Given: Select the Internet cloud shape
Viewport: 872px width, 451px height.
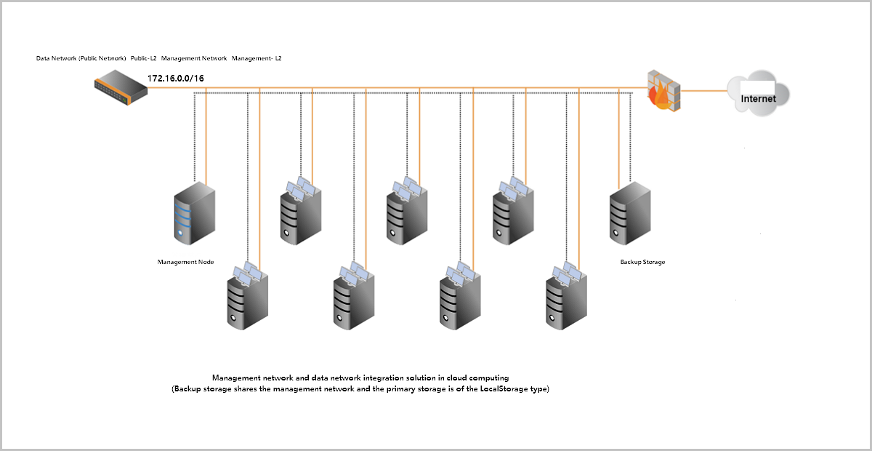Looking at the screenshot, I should [x=757, y=92].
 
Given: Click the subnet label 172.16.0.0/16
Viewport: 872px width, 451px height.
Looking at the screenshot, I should [x=175, y=78].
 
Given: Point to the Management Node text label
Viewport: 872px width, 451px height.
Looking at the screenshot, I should [x=186, y=262].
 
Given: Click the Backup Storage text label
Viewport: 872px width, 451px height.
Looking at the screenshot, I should [x=642, y=262].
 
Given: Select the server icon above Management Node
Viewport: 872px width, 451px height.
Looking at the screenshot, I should [x=195, y=213].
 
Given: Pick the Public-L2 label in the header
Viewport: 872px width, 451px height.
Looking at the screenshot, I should [x=144, y=57].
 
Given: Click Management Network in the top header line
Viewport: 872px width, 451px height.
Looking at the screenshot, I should [x=194, y=57].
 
